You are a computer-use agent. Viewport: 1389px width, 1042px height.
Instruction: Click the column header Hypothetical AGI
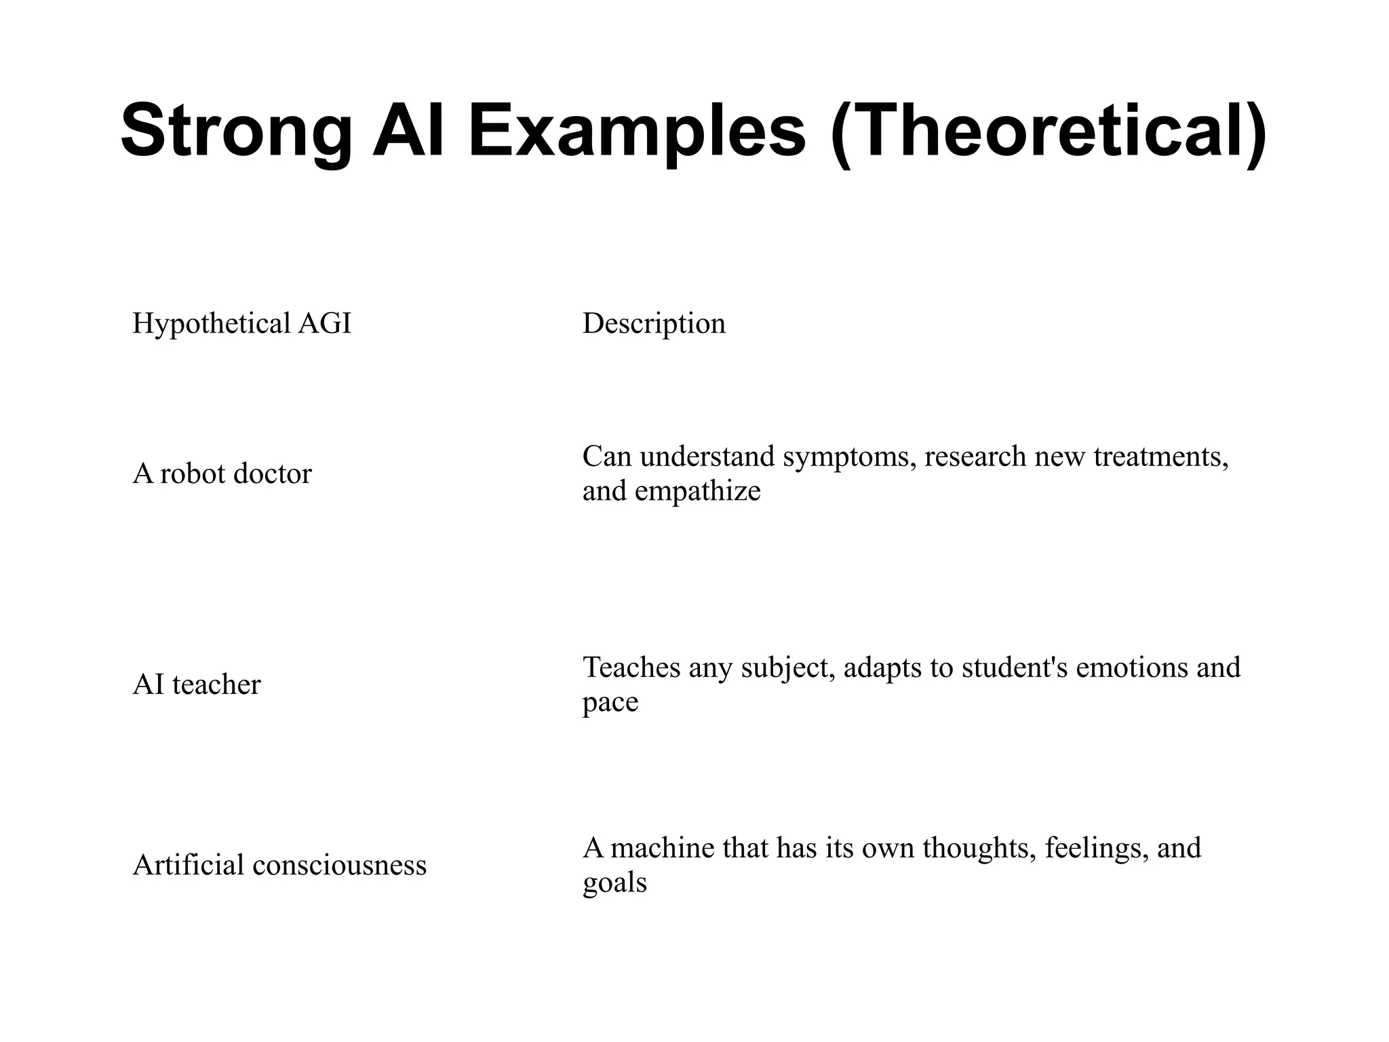[x=241, y=324]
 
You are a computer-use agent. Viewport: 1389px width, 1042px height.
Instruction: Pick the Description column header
[x=654, y=324]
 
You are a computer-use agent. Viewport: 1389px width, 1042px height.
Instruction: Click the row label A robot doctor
[x=222, y=474]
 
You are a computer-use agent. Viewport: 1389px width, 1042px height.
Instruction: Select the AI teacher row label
[x=196, y=684]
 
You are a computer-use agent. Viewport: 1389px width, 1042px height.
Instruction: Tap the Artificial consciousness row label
[x=279, y=865]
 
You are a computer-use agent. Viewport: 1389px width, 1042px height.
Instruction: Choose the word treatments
[x=1161, y=457]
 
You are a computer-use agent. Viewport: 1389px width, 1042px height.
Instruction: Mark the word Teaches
[x=631, y=668]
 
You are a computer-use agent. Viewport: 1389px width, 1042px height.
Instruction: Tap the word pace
[x=610, y=702]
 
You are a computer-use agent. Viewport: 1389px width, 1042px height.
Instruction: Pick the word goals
[x=614, y=883]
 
